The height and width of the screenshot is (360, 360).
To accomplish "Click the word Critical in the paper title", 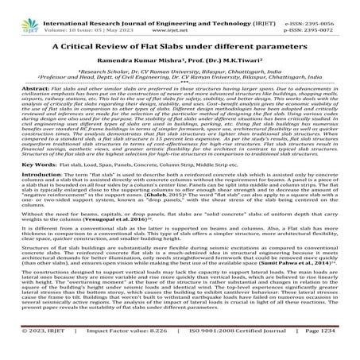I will tap(87, 45).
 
